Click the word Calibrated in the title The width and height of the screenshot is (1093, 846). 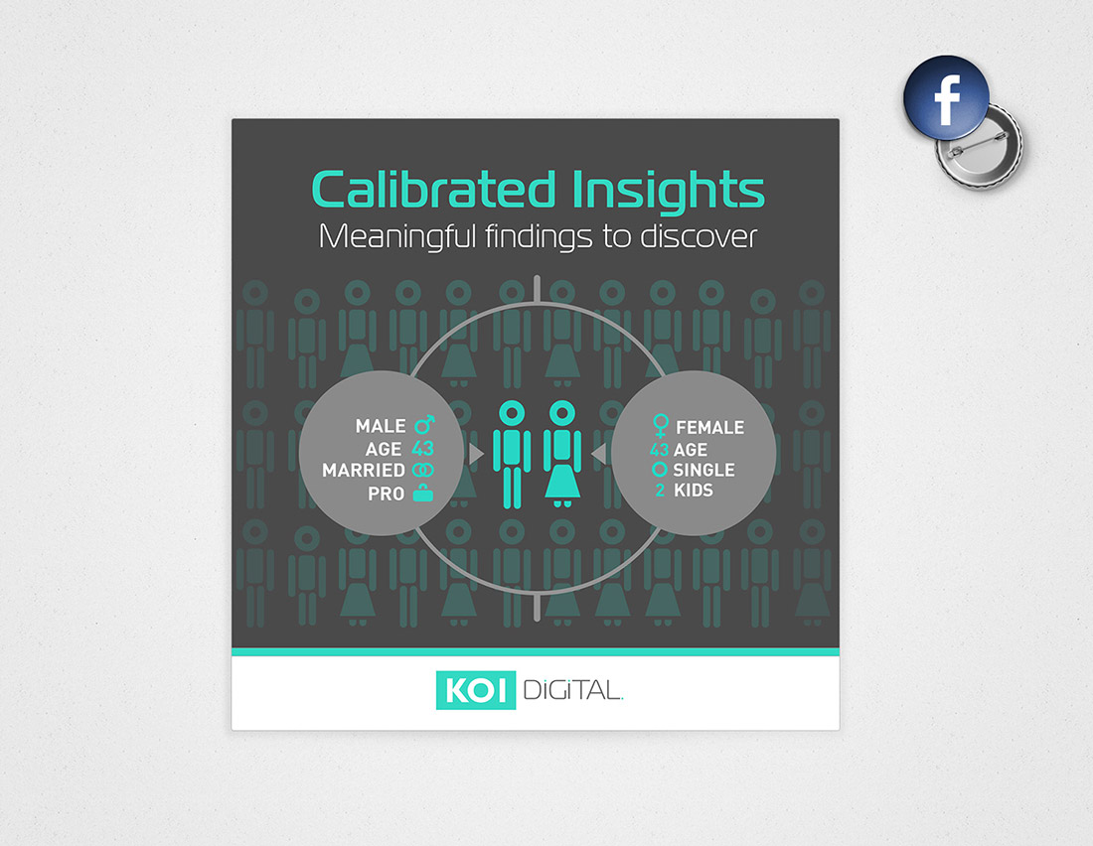pyautogui.click(x=433, y=190)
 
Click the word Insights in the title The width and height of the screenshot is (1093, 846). pyautogui.click(x=668, y=191)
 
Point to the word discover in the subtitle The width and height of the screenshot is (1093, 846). pyautogui.click(x=698, y=237)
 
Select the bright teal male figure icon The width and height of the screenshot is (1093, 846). pyautogui.click(x=512, y=455)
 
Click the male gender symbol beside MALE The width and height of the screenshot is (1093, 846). pyautogui.click(x=424, y=424)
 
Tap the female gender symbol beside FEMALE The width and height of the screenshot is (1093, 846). pyautogui.click(x=660, y=426)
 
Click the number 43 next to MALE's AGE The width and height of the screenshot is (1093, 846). pyautogui.click(x=422, y=448)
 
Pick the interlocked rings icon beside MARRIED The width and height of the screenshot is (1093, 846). pyautogui.click(x=422, y=471)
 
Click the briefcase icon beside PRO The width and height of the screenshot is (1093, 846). pyautogui.click(x=422, y=493)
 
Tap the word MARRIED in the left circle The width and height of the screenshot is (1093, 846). pyautogui.click(x=363, y=471)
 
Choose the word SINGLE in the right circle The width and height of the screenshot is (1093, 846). pyautogui.click(x=703, y=470)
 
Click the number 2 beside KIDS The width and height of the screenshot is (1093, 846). pyautogui.click(x=660, y=491)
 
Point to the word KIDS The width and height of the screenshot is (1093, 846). pyautogui.click(x=693, y=491)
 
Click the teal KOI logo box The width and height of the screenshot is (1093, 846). pyautogui.click(x=475, y=690)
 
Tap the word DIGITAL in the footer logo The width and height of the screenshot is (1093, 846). pyautogui.click(x=572, y=690)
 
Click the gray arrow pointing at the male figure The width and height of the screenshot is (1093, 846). pyautogui.click(x=476, y=454)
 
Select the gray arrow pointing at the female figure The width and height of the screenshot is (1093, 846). pyautogui.click(x=598, y=454)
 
